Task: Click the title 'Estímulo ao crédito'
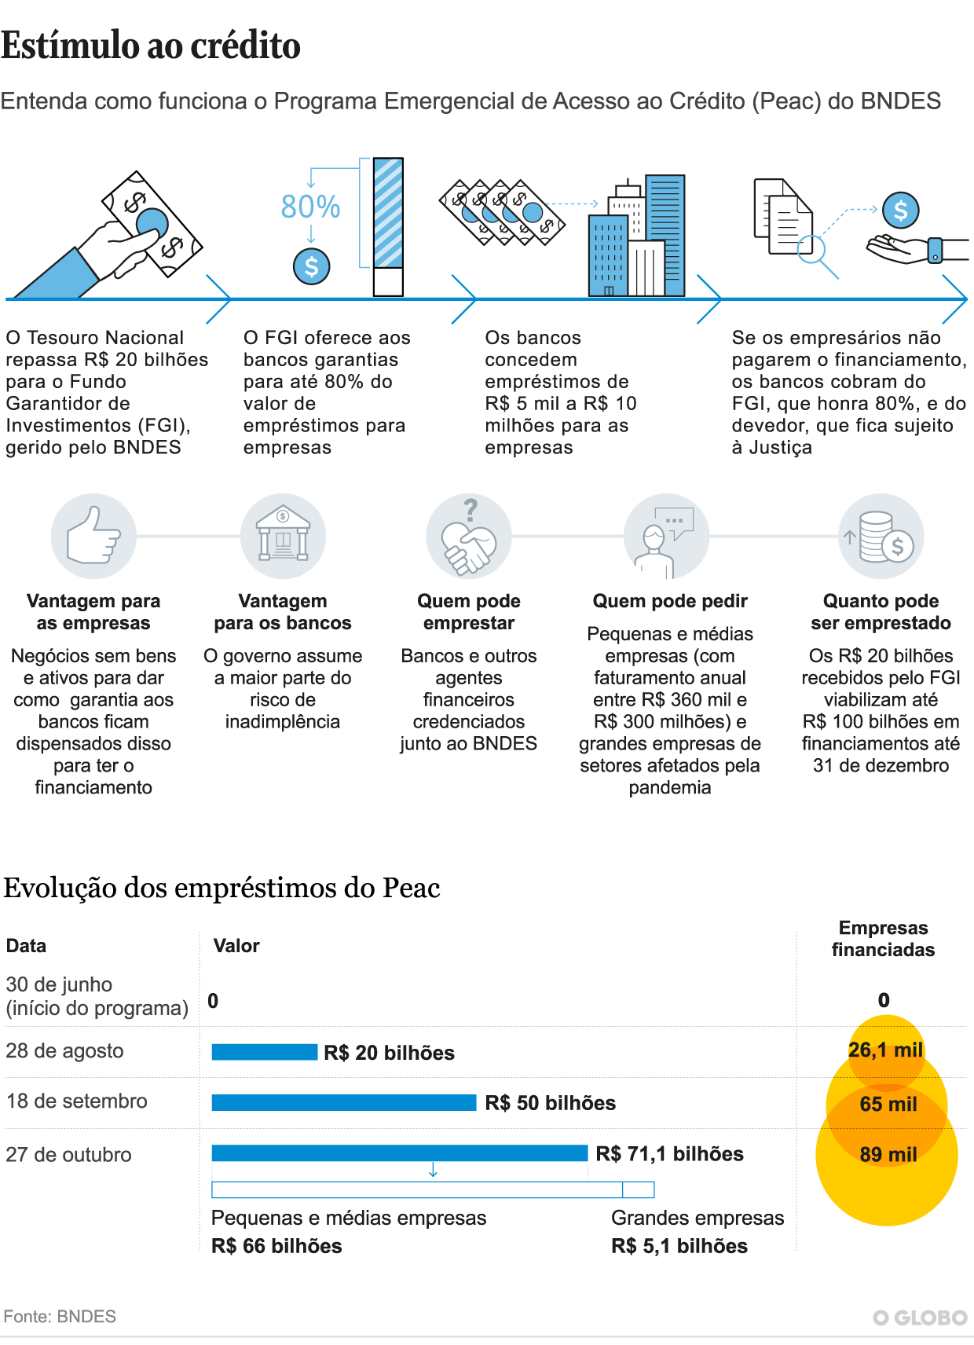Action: point(151,46)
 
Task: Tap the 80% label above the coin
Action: point(310,207)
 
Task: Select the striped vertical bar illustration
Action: point(388,226)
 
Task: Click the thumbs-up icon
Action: point(93,536)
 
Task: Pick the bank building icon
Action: point(283,536)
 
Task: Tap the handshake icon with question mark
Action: point(469,536)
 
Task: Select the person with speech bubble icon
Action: point(666,536)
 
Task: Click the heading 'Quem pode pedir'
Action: point(670,601)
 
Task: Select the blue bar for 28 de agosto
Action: point(265,1052)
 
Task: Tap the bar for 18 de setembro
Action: point(344,1102)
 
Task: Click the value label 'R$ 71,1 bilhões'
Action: point(669,1153)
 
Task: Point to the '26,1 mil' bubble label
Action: point(885,1050)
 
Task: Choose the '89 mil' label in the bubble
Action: point(888,1154)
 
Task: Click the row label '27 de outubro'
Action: point(68,1155)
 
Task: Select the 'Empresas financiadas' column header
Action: point(883,939)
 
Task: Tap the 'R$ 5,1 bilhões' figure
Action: point(679,1246)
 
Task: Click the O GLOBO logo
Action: point(920,1318)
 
